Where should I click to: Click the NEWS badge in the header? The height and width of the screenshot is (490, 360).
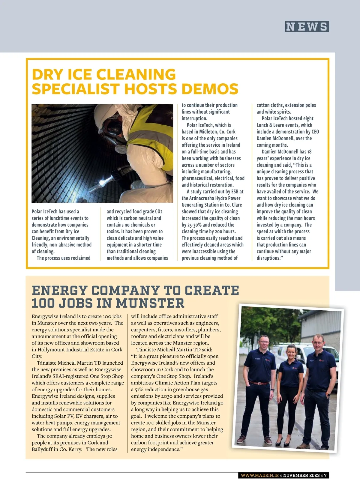(307, 27)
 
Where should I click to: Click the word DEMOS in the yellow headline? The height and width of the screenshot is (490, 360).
(210, 89)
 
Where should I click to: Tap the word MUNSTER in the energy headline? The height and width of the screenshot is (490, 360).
(150, 303)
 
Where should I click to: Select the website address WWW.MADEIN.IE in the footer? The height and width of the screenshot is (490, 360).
(259, 475)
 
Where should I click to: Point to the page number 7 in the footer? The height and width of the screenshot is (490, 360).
(325, 475)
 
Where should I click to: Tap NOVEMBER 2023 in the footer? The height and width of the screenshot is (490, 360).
(301, 475)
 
